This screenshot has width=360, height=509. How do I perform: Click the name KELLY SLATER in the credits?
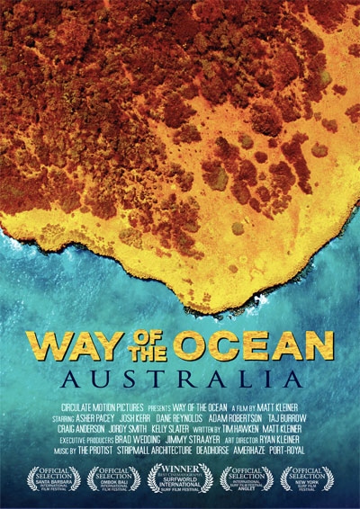click(x=175, y=431)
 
